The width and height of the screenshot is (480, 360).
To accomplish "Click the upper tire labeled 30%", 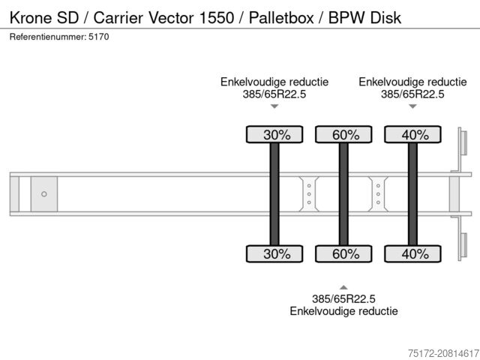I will point(274,135).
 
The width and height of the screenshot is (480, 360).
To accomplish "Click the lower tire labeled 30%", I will point(274,253).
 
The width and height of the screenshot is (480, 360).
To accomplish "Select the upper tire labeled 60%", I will point(343,135).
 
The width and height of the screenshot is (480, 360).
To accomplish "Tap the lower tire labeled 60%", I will point(343,253).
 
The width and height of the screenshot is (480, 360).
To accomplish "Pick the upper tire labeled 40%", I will point(412,135).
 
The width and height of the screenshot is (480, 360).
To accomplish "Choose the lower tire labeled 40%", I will point(412,253).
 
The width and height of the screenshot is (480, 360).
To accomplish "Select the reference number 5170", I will point(99,37).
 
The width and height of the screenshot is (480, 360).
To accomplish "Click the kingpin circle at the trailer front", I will point(44,194).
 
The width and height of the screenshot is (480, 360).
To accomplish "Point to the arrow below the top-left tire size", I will point(274,106).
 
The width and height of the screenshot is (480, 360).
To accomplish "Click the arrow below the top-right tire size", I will point(412,106).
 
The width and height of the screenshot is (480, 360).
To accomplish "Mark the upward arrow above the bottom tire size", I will point(343,287).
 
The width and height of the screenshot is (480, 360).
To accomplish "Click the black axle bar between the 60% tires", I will point(343,194).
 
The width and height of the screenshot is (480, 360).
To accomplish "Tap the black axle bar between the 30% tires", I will point(274,194).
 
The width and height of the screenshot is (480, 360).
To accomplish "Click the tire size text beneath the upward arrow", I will point(343,298).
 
